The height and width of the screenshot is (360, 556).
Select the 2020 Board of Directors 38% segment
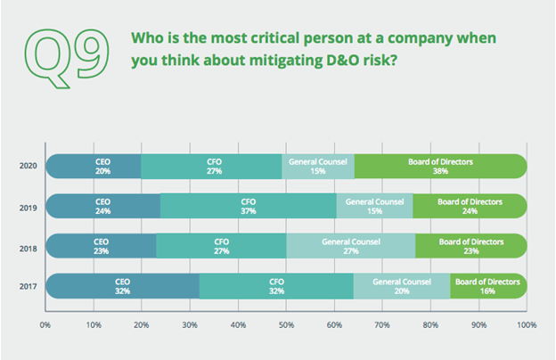[x=440, y=167]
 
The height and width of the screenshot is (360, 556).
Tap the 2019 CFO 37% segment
[x=249, y=207]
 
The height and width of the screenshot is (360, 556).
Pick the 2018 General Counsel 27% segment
[x=350, y=246]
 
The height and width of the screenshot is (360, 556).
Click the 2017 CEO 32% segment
[x=123, y=286]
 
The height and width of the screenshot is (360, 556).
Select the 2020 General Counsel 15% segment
[x=318, y=167]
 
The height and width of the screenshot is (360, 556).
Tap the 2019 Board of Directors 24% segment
[x=470, y=207]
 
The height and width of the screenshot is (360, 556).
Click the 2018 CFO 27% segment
[x=222, y=246]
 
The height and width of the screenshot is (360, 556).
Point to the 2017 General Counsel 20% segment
[x=402, y=286]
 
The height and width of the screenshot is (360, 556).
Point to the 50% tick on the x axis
[x=286, y=324]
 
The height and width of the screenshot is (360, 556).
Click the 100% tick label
[x=526, y=324]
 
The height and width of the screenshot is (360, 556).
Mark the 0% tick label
[x=46, y=324]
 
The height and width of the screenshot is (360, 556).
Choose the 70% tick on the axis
[x=382, y=324]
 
